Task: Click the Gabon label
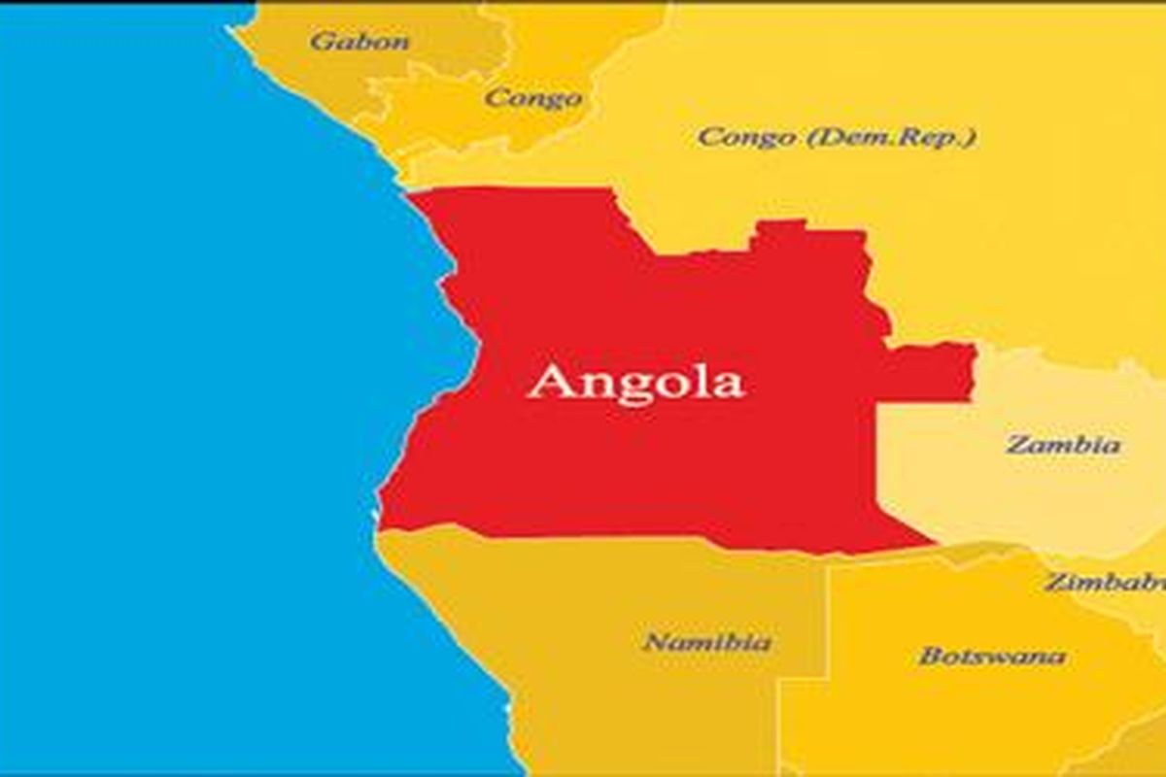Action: [x=360, y=42]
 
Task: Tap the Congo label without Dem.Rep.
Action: [x=533, y=98]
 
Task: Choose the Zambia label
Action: [x=1062, y=446]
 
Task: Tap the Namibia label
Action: [x=708, y=642]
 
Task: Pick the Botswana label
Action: [x=992, y=656]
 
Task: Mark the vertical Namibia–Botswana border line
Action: [x=827, y=622]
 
